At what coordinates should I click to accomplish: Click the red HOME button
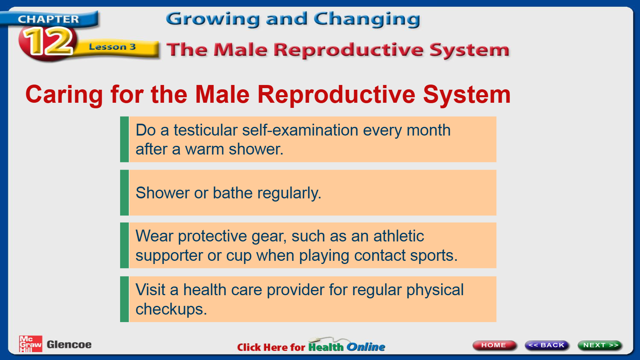pyautogui.click(x=494, y=345)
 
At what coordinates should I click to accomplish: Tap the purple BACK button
pyautogui.click(x=547, y=345)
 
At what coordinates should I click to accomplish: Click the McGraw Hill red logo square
pyautogui.click(x=30, y=344)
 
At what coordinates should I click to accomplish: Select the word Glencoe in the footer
pyautogui.click(x=69, y=345)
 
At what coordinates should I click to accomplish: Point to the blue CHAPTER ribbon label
pyautogui.click(x=49, y=19)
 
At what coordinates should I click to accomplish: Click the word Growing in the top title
pyautogui.click(x=213, y=19)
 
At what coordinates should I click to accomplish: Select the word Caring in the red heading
pyautogui.click(x=64, y=95)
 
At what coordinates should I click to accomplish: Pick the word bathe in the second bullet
pyautogui.click(x=233, y=192)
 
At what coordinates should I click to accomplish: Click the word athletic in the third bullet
pyautogui.click(x=399, y=236)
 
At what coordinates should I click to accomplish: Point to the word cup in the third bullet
pyautogui.click(x=239, y=256)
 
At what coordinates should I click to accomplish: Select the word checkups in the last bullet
pyautogui.click(x=171, y=309)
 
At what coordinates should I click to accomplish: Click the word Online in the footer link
pyautogui.click(x=366, y=347)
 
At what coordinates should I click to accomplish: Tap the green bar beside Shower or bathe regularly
pyautogui.click(x=124, y=192)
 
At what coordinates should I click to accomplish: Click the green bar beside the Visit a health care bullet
pyautogui.click(x=124, y=299)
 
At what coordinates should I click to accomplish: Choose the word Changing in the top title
pyautogui.click(x=367, y=19)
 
